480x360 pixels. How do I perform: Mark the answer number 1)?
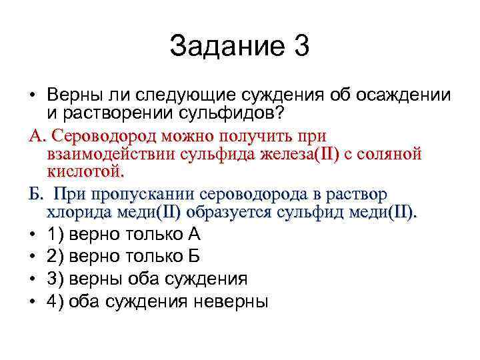pos(55,234)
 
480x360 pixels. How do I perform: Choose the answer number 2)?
pos(55,256)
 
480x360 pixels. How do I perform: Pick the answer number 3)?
pos(55,278)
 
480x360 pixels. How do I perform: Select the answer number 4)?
pos(55,301)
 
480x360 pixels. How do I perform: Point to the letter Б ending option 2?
pos(193,256)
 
